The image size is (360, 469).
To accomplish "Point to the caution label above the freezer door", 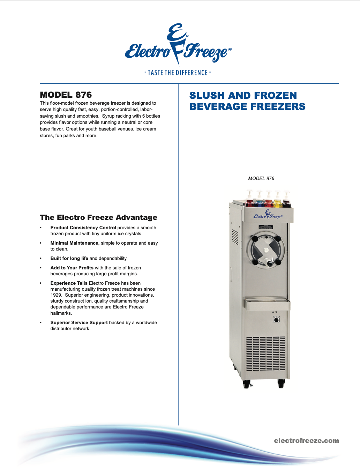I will coord(266,227).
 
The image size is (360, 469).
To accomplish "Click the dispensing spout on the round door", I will coord(269,263).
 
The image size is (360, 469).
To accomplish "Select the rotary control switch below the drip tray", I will coord(276,319).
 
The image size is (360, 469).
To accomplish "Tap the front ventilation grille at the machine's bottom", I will coord(266,354).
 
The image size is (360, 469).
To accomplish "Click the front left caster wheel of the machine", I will coord(247,384).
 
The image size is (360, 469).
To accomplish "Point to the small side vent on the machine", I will coord(235,238).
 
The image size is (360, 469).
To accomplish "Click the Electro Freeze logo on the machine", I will coord(268,215).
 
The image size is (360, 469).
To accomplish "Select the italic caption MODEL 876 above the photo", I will coord(261,178).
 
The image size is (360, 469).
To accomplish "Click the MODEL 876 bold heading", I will coord(66,95).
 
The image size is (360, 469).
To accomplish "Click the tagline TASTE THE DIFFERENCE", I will coord(178,73).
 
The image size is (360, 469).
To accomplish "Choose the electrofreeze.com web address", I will coord(306,441).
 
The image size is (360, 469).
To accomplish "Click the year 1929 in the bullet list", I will coord(56,295).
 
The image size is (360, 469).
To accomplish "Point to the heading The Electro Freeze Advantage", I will coord(98,217).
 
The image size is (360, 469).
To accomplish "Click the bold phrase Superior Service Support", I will coord(79,322).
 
